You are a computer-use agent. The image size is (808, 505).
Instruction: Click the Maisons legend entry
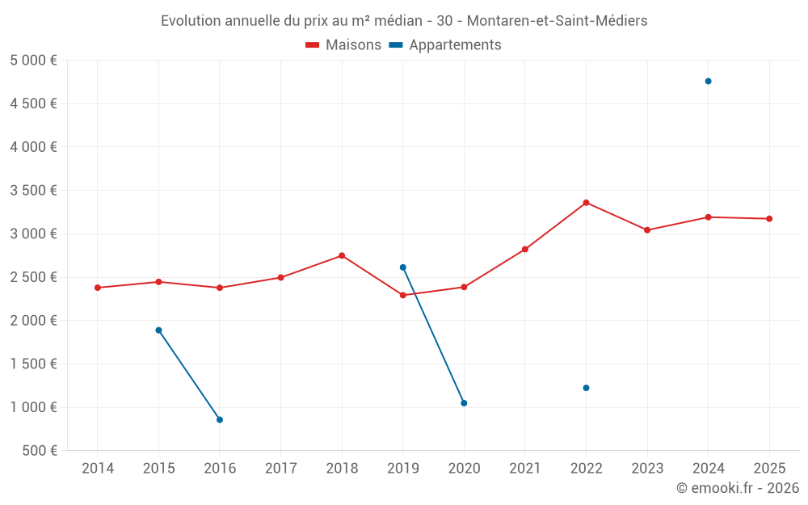tap(343, 45)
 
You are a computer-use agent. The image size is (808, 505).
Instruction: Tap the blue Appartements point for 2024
tap(708, 81)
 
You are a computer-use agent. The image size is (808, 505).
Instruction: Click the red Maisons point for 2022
tap(586, 203)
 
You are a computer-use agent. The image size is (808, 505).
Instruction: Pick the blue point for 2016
tap(220, 419)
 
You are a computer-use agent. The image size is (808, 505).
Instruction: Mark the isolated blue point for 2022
tap(586, 388)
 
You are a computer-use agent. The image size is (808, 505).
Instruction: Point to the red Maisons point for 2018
tap(342, 255)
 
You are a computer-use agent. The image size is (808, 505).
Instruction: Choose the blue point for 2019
tap(402, 267)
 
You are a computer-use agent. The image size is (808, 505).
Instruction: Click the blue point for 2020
tap(464, 403)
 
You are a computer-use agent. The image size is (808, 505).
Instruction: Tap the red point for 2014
tap(98, 288)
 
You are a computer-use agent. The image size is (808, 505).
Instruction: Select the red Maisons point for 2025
tap(769, 219)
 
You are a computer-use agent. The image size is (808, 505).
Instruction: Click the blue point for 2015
tap(158, 330)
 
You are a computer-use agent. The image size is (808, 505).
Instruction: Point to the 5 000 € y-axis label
tap(33, 61)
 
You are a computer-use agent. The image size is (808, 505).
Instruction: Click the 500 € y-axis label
tap(40, 451)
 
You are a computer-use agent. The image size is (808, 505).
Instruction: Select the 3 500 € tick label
tap(33, 191)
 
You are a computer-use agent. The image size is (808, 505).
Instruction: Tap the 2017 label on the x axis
tap(280, 469)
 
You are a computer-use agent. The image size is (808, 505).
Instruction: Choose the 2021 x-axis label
tap(524, 469)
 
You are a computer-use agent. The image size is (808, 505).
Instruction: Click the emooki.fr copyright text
tap(737, 488)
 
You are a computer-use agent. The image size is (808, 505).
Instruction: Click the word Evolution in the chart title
tap(190, 21)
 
